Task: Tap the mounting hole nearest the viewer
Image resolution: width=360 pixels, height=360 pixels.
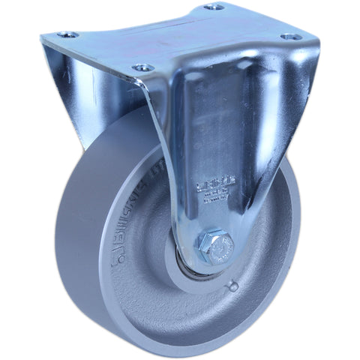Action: click(x=139, y=68)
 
